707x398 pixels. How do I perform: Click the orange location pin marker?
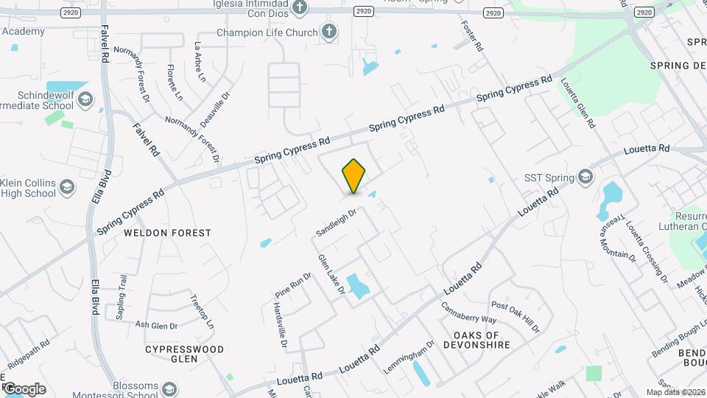353,176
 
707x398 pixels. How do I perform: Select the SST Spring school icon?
585,177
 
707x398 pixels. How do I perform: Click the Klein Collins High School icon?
68,186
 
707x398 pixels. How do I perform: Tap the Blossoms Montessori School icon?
169,388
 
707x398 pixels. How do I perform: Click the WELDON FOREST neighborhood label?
167,233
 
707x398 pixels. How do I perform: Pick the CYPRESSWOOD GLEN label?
184,354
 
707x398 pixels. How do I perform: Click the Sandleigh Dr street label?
337,222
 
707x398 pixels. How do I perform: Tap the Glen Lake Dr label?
331,274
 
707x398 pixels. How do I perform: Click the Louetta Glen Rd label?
577,104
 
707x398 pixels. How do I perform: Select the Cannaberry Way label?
468,313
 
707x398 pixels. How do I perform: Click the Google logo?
24,388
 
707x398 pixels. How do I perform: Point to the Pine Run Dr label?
293,284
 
